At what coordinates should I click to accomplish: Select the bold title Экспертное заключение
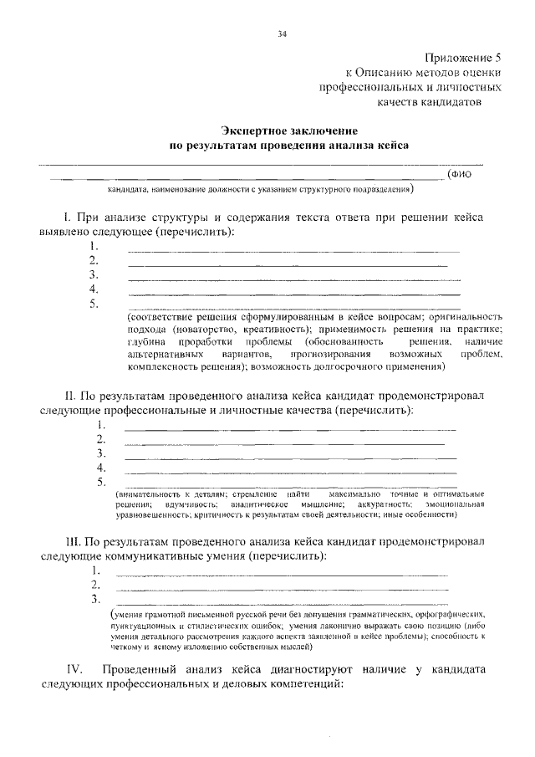tap(289, 130)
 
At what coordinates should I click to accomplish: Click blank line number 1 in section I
tap(293, 251)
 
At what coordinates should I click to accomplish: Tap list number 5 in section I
tap(94, 304)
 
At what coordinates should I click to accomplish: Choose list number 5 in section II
tap(101, 483)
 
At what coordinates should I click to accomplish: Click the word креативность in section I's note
tap(274, 330)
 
